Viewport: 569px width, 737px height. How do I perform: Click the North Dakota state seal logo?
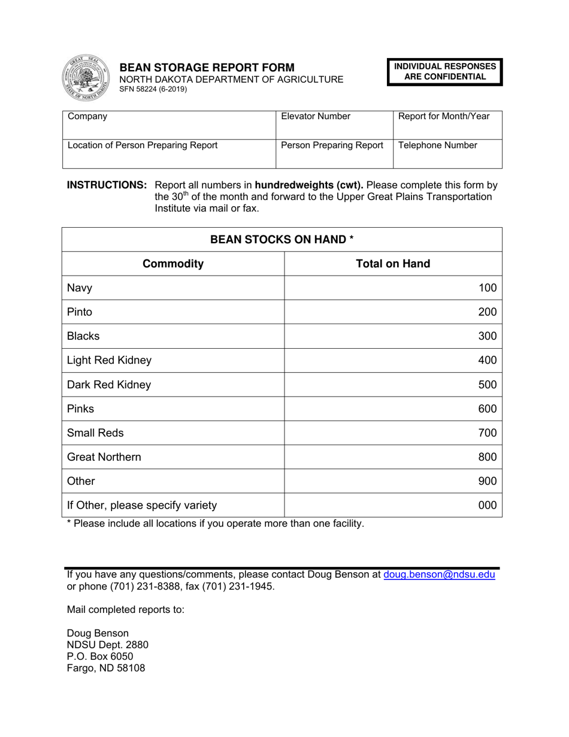(86, 78)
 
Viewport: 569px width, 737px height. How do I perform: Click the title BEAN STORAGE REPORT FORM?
(207, 67)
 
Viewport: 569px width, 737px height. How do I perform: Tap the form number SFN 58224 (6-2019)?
(153, 89)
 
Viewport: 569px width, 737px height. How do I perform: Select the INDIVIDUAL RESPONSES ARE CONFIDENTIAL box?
(444, 72)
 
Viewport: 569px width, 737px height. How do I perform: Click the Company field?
(168, 125)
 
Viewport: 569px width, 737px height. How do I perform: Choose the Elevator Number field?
(333, 125)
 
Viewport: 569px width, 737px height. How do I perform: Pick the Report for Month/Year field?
(447, 125)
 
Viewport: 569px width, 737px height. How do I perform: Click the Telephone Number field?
(447, 153)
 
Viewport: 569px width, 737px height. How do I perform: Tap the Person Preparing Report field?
(333, 153)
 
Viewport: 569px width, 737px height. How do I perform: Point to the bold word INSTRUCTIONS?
(107, 185)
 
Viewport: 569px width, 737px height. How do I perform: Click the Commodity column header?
(172, 264)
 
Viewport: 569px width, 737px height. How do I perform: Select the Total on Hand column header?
(393, 264)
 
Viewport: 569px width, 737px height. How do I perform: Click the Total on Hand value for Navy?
(487, 288)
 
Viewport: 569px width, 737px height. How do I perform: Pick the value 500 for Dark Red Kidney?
(487, 385)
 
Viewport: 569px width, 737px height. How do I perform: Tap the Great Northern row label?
(104, 457)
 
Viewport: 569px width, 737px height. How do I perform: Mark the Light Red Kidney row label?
(109, 361)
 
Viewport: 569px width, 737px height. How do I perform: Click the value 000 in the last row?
(487, 505)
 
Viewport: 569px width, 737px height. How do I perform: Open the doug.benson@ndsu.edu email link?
(439, 575)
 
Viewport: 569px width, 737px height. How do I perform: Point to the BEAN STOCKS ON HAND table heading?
(282, 240)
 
